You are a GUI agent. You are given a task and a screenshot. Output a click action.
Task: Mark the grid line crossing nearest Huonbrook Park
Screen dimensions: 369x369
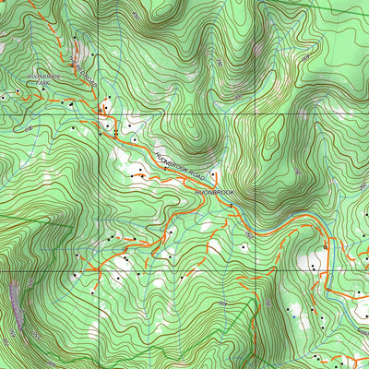click(101, 113)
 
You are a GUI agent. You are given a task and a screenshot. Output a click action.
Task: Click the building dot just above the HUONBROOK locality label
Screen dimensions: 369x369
click(213, 174)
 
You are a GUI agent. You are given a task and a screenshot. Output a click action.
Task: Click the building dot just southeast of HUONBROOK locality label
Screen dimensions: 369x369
click(228, 203)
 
